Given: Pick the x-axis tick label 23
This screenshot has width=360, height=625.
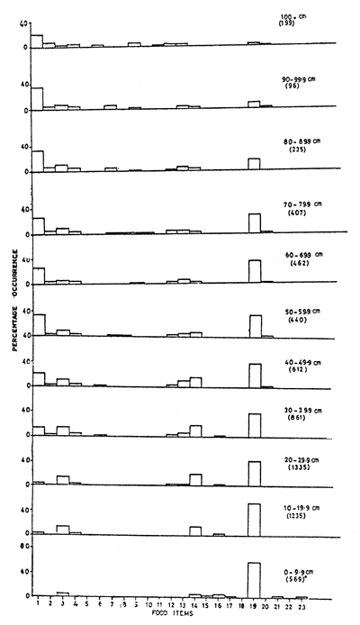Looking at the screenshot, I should point(301,608).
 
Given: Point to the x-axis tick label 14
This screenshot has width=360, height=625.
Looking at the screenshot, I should point(195,608).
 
